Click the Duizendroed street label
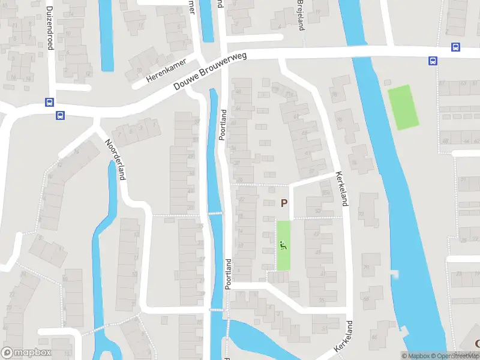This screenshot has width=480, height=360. (x=50, y=28)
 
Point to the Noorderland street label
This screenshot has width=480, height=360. (x=115, y=160)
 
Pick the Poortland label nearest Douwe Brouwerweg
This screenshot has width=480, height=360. (x=222, y=125)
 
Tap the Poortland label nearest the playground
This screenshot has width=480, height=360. (x=228, y=274)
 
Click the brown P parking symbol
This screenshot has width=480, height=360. (x=284, y=203)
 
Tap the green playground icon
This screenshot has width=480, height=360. (x=283, y=245)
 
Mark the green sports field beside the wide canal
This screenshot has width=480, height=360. (x=403, y=107)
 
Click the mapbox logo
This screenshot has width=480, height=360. (x=26, y=353)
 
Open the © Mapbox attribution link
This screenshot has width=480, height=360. (x=415, y=356)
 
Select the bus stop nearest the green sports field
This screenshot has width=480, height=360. (x=432, y=61)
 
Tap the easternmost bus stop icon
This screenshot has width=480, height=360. (x=456, y=47)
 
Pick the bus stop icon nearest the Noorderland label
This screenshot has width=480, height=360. (x=60, y=115)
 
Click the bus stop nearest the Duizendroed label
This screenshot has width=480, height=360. (x=49, y=102)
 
